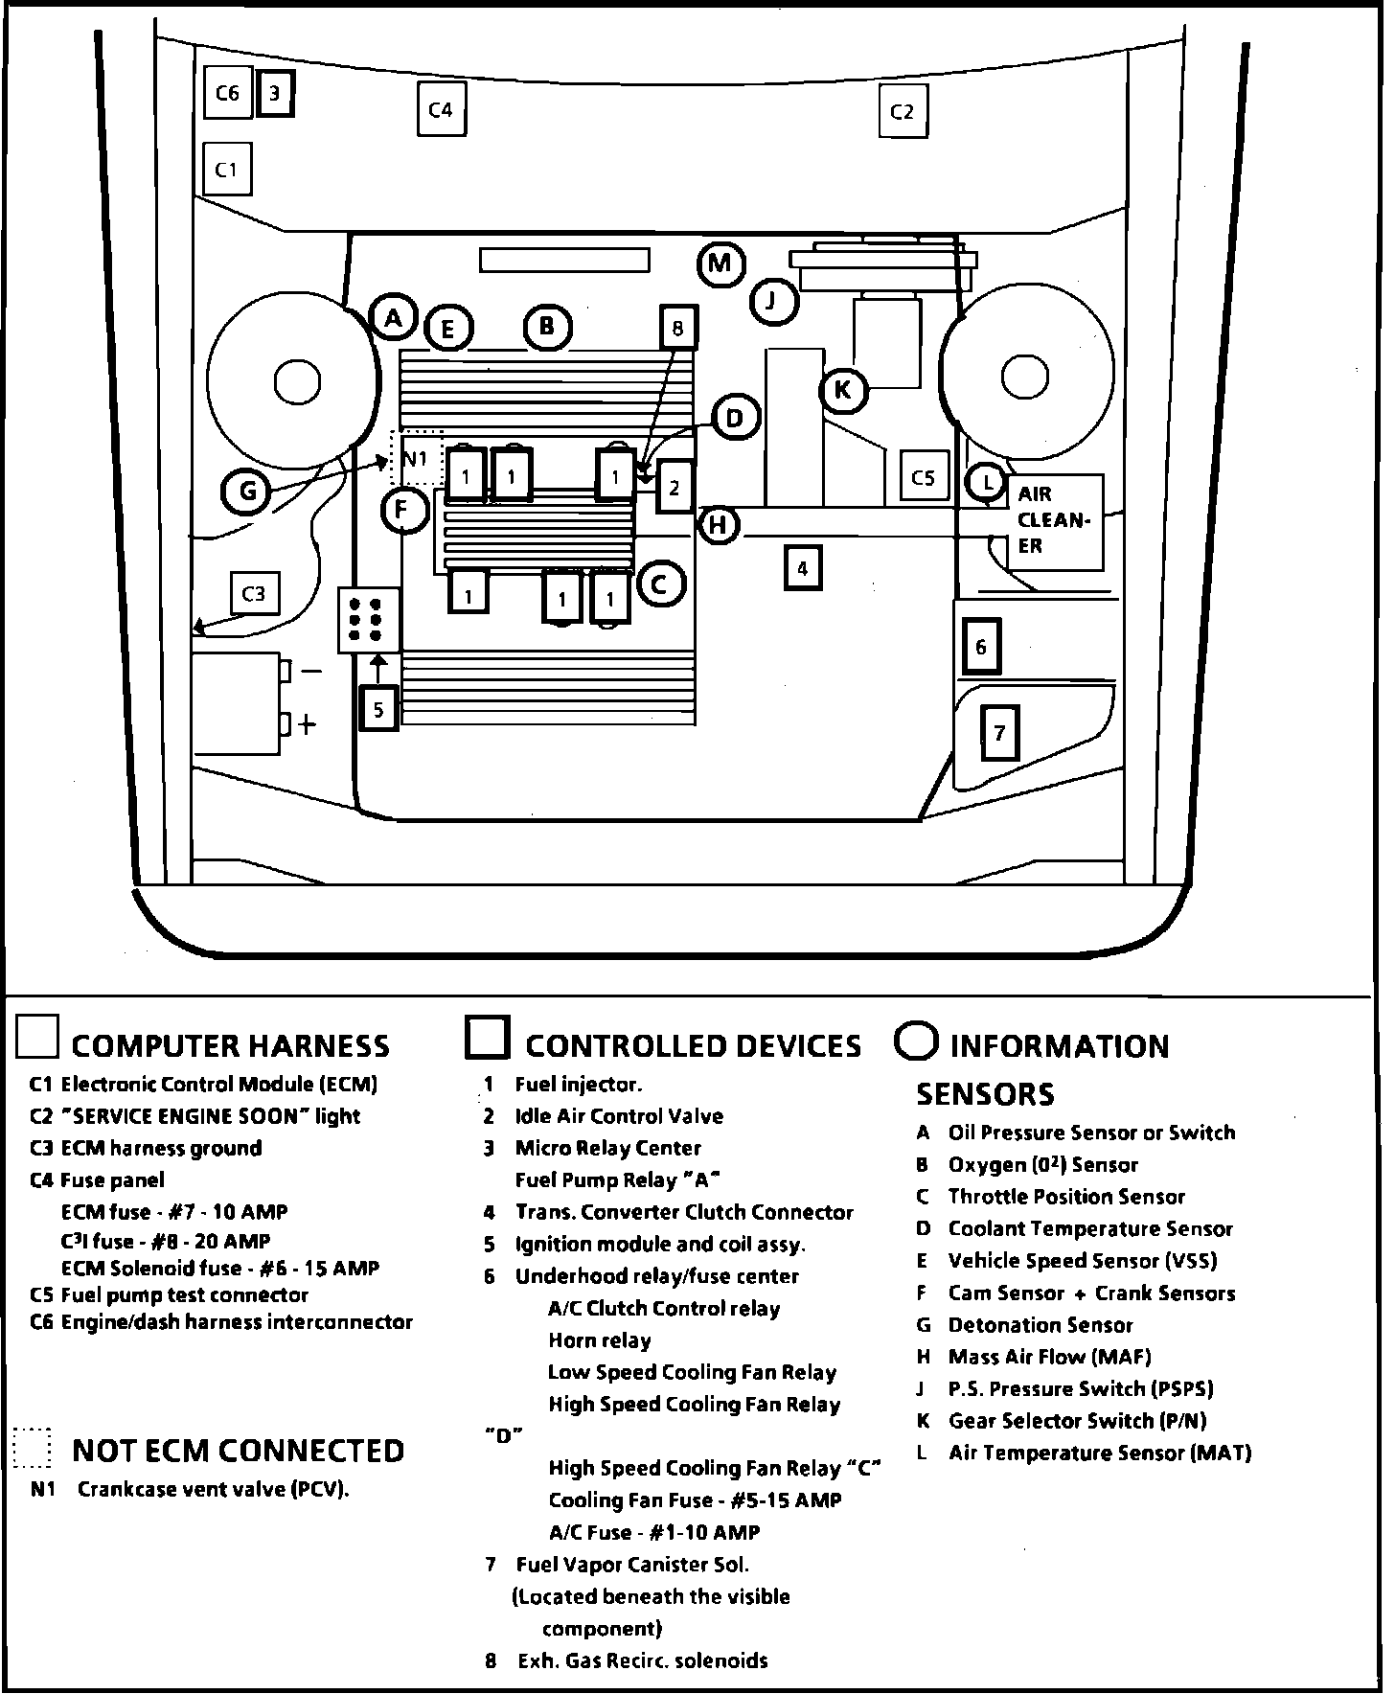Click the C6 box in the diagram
pos(227,93)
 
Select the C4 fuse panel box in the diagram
pos(441,109)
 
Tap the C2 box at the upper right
pos(903,111)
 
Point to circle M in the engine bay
pos(720,263)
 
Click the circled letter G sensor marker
pos(247,492)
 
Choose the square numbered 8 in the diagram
pos(677,329)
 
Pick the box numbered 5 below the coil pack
pos(378,709)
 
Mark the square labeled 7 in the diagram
pos(999,733)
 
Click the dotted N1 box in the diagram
pos(416,458)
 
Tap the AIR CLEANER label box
pos(1054,521)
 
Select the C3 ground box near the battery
pos(254,594)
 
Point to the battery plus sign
pos(306,724)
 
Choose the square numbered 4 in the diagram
pos(802,568)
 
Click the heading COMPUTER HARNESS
pos(230,1045)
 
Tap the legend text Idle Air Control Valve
pos(619,1116)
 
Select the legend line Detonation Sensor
pos(1040,1325)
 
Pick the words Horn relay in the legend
pos(599,1340)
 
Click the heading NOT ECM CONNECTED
pos(238,1451)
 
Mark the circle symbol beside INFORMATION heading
pos(915,1042)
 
